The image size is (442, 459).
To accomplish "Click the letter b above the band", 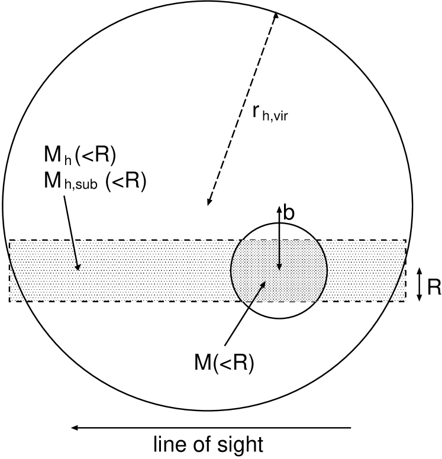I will tap(288, 214).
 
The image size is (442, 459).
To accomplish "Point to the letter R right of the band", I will tap(434, 287).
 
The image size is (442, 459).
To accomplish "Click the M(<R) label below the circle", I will tap(224, 363).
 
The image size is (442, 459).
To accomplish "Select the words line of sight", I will tap(208, 444).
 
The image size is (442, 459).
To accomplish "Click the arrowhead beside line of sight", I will tap(74, 427).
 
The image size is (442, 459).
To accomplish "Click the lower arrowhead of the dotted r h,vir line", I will tap(208, 203).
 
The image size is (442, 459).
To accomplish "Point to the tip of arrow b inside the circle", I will tap(279, 269).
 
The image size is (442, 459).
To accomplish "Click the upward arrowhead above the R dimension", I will tap(419, 271).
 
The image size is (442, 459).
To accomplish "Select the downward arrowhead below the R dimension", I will tap(419, 298).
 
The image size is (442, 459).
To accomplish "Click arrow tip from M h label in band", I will tap(78, 269).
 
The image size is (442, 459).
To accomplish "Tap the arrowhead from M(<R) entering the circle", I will tap(264, 285).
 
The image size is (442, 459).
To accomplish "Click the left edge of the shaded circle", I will tap(231, 269).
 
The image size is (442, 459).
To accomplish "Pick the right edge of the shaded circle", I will tap(327, 269).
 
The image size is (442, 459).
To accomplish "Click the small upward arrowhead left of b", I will tap(279, 209).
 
